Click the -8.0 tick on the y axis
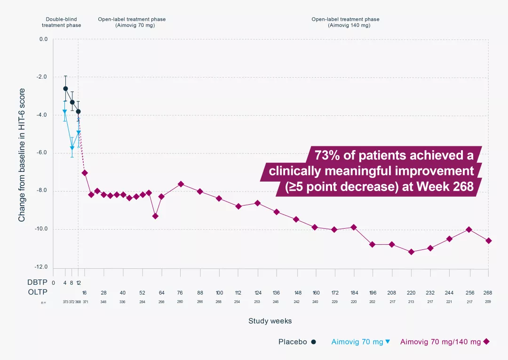43,191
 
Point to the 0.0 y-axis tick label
43,39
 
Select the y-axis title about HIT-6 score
22,155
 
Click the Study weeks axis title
270,321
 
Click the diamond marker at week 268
488,240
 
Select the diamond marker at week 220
411,252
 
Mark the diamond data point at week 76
181,184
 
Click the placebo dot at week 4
65,88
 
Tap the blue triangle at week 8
72,148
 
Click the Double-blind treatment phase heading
61,22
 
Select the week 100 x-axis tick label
219,292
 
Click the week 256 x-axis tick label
468,292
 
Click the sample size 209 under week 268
488,302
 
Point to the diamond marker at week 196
372,244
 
